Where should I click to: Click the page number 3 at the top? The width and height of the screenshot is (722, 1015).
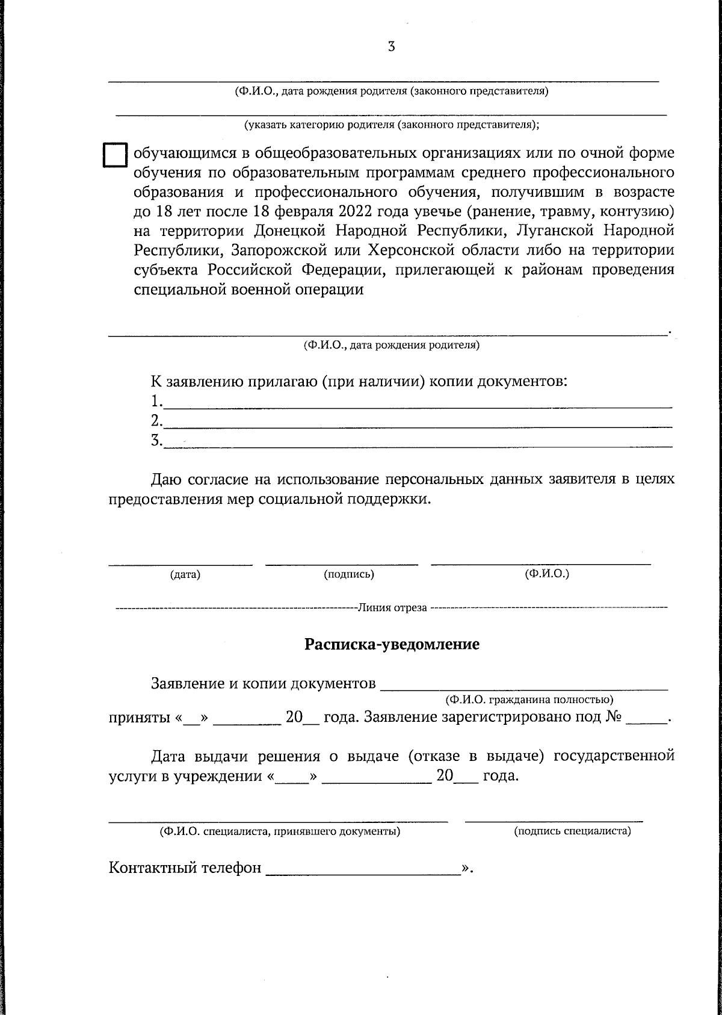[x=391, y=47]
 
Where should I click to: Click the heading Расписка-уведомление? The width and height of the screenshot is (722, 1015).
[x=392, y=645]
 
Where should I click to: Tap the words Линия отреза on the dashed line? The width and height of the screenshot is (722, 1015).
[x=392, y=607]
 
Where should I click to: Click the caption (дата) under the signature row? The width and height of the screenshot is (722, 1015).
[x=185, y=575]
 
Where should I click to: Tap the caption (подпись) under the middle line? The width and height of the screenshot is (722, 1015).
[x=349, y=575]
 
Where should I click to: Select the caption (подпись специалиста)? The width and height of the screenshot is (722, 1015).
[x=572, y=832]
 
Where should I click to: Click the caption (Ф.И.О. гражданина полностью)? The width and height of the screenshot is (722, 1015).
[x=529, y=700]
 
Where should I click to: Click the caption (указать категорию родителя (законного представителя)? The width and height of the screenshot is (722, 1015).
[x=391, y=125]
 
